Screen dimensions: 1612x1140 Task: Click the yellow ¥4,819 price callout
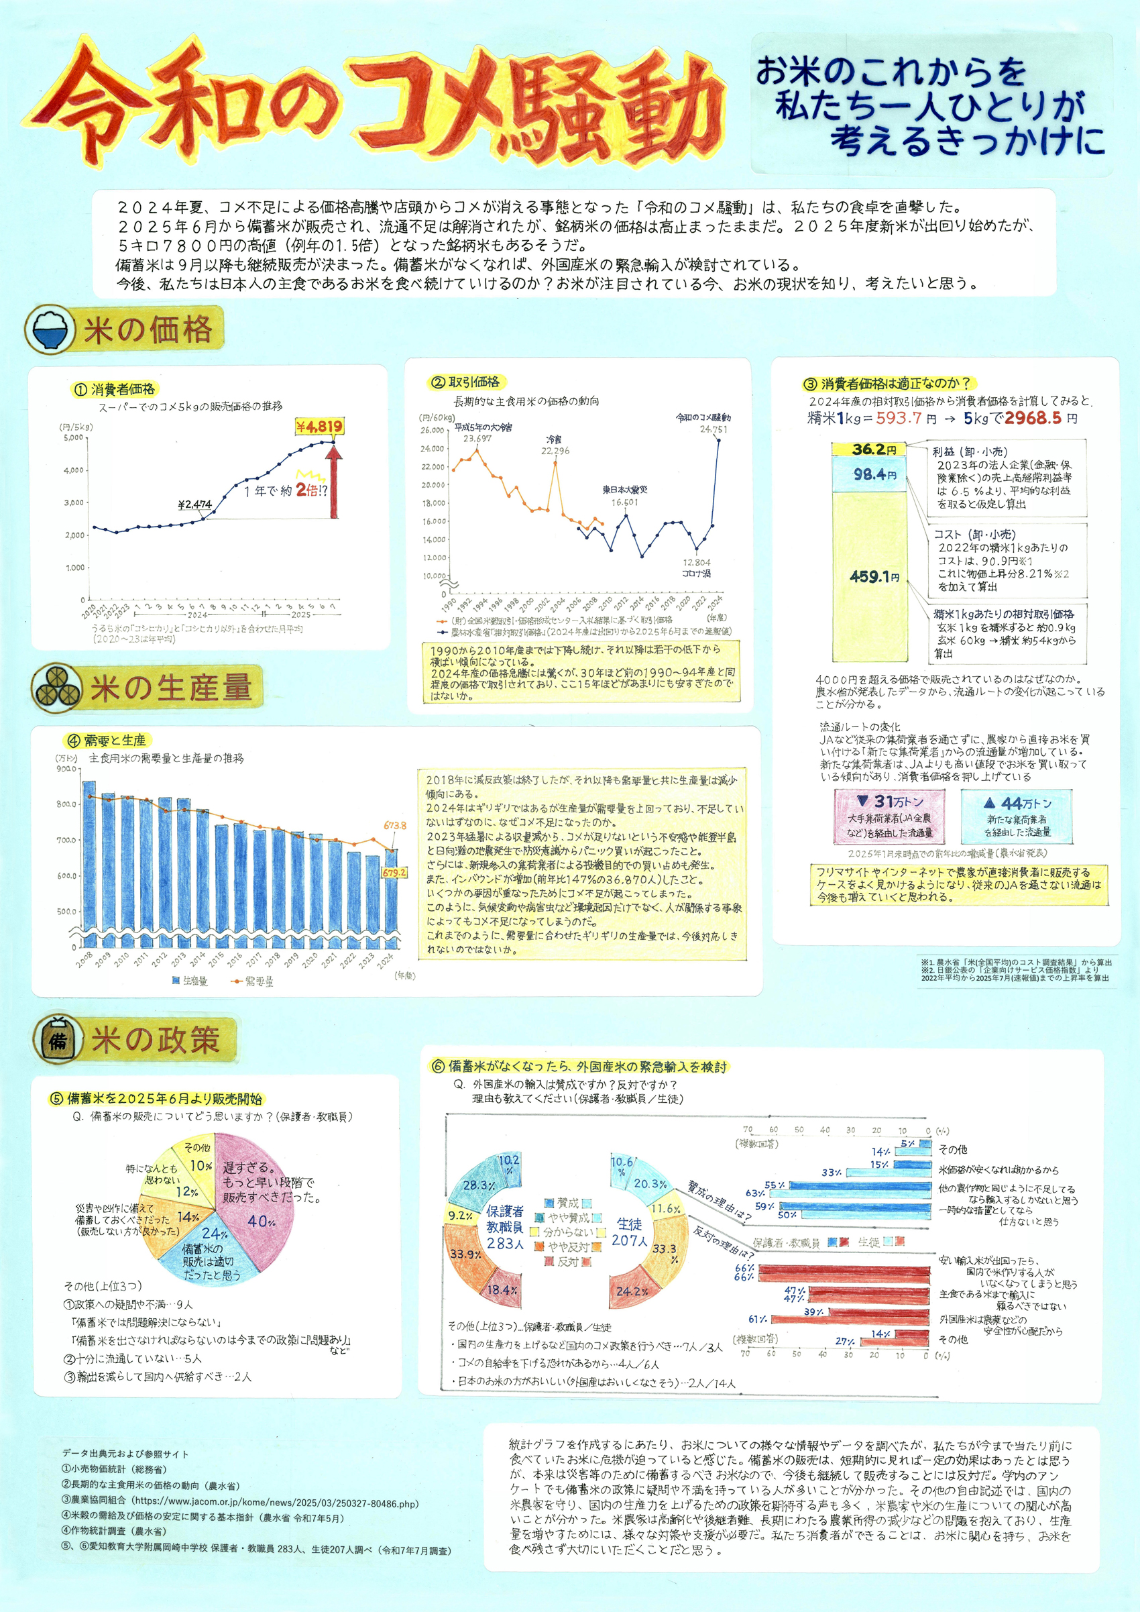(x=319, y=426)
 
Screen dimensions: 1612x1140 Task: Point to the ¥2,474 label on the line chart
(x=194, y=504)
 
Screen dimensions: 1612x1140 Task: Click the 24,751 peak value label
(x=714, y=429)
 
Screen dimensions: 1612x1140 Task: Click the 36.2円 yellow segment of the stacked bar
(x=869, y=449)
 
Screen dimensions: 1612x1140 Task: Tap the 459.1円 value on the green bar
(x=869, y=576)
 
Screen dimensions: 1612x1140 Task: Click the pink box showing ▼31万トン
(x=889, y=816)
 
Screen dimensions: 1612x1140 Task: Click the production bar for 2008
(x=89, y=863)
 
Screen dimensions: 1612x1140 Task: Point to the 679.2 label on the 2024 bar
(x=394, y=872)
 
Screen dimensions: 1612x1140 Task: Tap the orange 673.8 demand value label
(x=394, y=826)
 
